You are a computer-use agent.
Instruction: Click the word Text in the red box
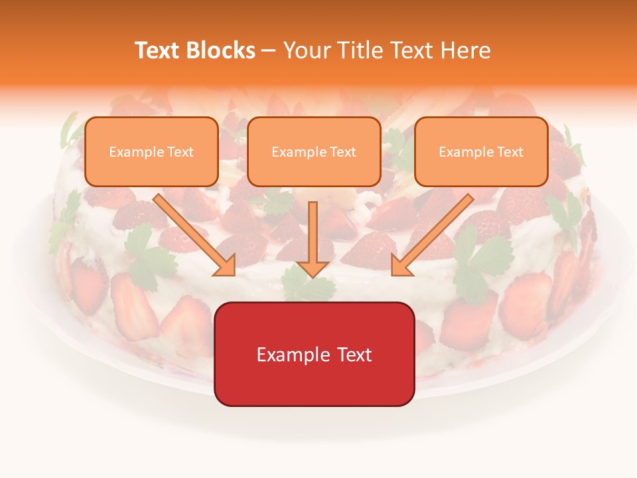pos(353,355)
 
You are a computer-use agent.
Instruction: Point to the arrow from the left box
pos(192,233)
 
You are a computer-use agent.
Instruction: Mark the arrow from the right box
pos(433,233)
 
